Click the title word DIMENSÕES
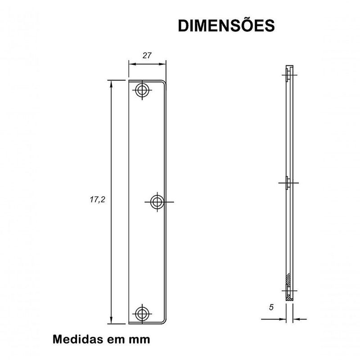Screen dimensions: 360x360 pos(226,26)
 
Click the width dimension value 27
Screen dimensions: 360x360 pos(146,55)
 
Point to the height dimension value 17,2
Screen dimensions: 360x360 pos(97,199)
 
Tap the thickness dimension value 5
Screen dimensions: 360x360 pos(270,307)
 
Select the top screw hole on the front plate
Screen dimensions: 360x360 pos(143,90)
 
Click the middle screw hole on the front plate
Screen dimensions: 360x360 pos(157,202)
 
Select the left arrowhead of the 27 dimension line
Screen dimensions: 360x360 pos(131,64)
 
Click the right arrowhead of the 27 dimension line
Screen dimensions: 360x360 pos(164,64)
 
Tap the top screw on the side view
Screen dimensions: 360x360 pos(288,75)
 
